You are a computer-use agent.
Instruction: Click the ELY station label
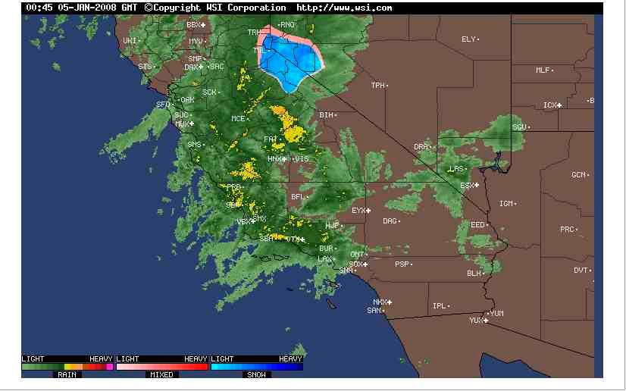click(468, 39)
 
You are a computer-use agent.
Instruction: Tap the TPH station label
click(377, 86)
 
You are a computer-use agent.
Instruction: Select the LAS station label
click(455, 169)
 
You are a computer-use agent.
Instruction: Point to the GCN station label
click(578, 175)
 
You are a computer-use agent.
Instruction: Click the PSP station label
click(402, 264)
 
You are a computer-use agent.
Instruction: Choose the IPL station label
click(439, 306)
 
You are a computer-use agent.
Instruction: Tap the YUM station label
click(496, 313)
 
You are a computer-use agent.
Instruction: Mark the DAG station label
click(390, 221)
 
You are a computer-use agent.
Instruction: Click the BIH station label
click(326, 115)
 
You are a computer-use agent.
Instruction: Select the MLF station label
click(543, 70)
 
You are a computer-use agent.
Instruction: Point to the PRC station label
click(567, 229)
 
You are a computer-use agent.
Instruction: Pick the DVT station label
click(581, 271)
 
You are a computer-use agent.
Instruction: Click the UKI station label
click(130, 40)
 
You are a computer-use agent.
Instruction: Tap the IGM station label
click(506, 204)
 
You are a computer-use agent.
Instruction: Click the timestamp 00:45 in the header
click(37, 8)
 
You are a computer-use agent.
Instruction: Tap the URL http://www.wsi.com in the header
click(344, 8)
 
